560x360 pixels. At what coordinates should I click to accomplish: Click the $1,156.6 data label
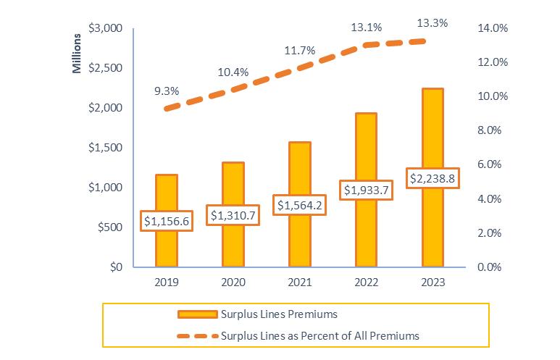coord(167,221)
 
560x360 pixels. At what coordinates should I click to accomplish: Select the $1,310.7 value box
coord(233,214)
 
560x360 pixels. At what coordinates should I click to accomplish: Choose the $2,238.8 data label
coord(432,177)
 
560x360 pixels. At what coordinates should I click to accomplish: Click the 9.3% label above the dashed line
coord(167,91)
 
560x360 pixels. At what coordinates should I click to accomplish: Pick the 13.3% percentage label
coord(432,23)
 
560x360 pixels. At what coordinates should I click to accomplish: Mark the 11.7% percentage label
coord(299,51)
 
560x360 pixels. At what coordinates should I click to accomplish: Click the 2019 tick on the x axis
coord(167,282)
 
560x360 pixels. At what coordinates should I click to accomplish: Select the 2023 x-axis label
coord(432,282)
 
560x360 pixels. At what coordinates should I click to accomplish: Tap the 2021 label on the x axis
coord(299,282)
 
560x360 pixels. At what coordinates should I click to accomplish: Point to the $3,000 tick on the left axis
coord(105,28)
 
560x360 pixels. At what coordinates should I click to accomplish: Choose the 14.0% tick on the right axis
coord(493,28)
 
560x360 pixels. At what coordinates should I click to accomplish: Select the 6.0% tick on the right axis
coord(496,164)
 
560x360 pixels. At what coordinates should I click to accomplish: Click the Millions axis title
coord(77,53)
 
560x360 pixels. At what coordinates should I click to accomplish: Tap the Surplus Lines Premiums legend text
coord(279,314)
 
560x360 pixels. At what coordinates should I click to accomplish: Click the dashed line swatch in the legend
coord(196,335)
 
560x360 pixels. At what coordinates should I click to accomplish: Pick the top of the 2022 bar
coord(366,114)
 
